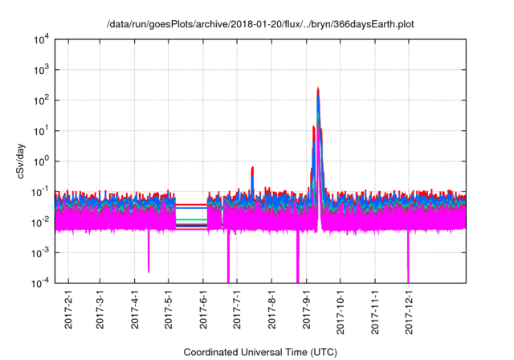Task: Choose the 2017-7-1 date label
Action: (238, 309)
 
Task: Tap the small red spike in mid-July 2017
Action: (252, 169)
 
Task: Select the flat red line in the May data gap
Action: (191, 204)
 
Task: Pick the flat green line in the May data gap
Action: (191, 219)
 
